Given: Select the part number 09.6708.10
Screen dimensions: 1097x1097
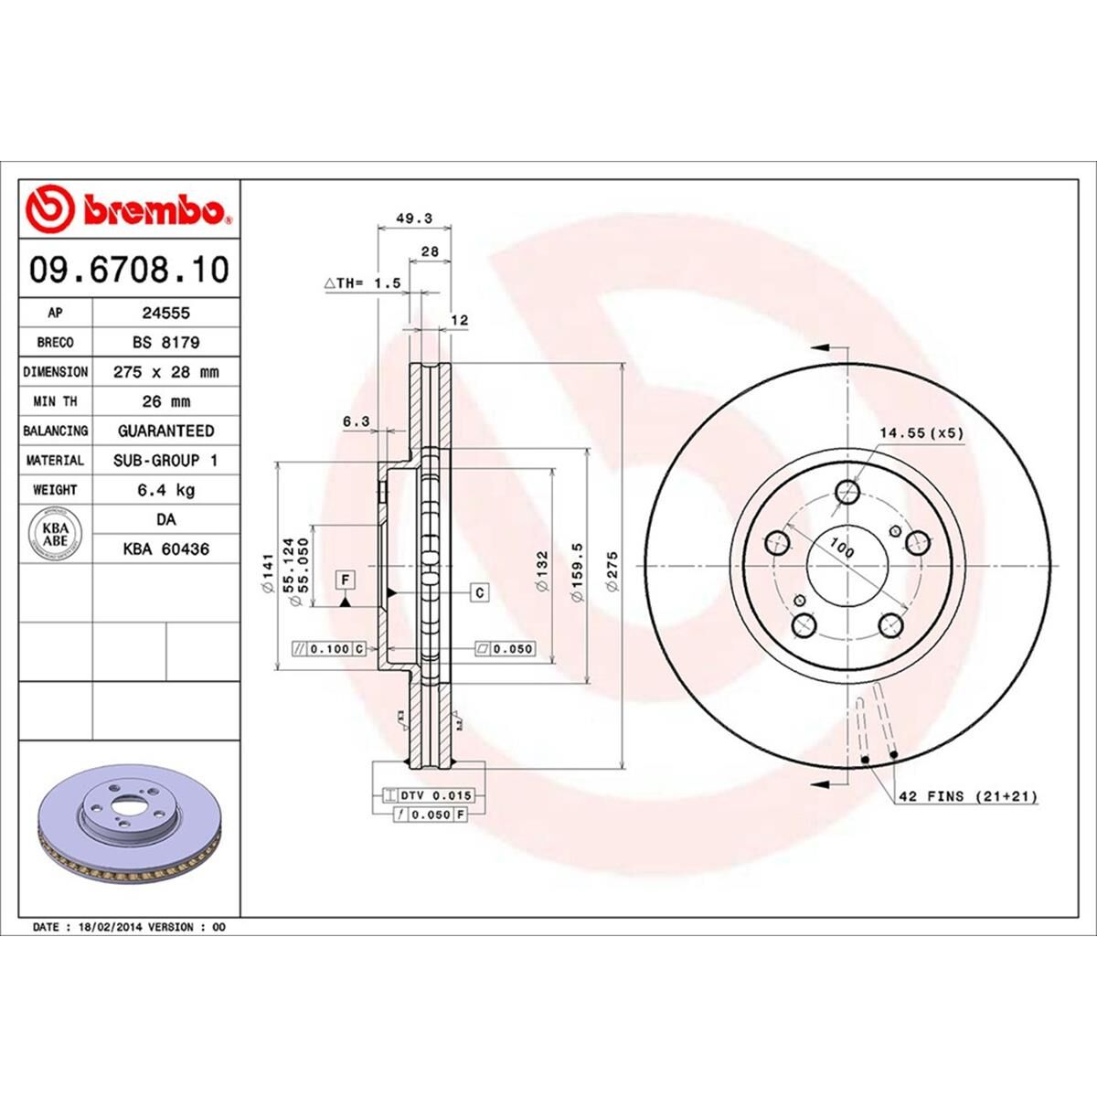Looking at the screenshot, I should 129,271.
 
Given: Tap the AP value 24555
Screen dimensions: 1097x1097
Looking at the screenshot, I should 165,313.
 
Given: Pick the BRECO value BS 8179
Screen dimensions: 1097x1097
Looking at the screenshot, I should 165,342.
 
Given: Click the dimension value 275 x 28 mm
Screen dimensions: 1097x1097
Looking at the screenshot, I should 165,372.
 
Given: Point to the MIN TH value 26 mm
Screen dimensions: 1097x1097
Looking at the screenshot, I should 165,401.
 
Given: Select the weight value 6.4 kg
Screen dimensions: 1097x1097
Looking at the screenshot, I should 165,490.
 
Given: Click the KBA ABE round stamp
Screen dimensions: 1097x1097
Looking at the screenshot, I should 56,534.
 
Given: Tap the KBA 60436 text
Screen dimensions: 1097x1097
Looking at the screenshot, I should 165,549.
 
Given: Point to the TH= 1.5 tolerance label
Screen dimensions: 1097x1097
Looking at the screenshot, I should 363,283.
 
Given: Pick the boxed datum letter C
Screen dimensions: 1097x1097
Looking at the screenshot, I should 480,592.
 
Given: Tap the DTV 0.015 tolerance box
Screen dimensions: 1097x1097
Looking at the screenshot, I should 429,796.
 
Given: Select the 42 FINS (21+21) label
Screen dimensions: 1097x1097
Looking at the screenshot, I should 969,796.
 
